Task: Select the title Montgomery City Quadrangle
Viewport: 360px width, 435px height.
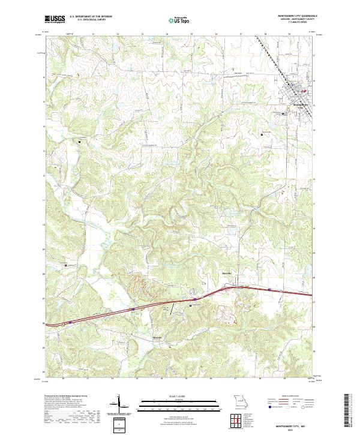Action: (292, 16)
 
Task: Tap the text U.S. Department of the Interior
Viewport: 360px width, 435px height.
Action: (95, 16)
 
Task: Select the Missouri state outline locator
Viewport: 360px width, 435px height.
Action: (239, 401)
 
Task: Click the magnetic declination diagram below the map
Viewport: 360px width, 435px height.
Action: (119, 405)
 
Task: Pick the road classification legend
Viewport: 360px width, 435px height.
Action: (291, 403)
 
